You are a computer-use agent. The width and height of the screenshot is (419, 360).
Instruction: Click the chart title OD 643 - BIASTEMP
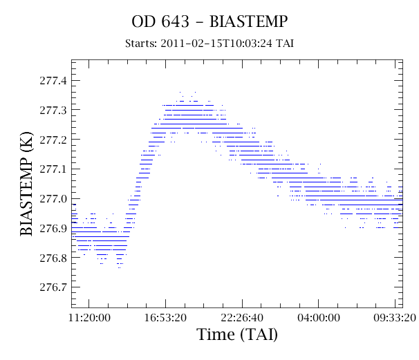[209, 21]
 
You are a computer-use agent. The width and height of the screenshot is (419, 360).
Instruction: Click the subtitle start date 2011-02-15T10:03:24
[216, 44]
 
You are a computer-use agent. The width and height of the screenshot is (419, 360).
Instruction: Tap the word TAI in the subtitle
[285, 44]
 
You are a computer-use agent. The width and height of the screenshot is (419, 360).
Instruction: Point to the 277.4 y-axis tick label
[53, 80]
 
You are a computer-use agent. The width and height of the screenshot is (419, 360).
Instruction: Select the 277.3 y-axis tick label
[53, 110]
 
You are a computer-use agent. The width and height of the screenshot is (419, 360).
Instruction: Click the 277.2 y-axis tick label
[53, 140]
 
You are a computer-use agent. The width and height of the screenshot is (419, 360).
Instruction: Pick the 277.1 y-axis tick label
[53, 169]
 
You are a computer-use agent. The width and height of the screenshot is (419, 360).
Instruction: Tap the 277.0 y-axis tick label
[53, 199]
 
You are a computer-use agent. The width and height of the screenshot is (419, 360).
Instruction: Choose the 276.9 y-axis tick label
[53, 229]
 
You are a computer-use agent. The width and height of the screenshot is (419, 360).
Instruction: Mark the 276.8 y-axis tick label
[53, 258]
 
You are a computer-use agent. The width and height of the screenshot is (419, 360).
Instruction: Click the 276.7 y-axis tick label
[53, 287]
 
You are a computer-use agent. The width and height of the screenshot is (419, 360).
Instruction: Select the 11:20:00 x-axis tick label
[89, 318]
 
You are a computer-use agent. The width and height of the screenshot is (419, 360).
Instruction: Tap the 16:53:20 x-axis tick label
[165, 318]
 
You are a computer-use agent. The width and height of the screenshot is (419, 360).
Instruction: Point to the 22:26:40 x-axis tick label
[242, 318]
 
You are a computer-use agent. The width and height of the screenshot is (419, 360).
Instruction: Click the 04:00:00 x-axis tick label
[319, 318]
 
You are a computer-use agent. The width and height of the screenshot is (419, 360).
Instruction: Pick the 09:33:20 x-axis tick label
[395, 318]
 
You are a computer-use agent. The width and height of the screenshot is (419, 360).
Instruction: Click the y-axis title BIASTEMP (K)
[26, 184]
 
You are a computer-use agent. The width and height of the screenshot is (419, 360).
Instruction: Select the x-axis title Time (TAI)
[237, 334]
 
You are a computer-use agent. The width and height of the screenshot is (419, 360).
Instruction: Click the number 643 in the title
[175, 21]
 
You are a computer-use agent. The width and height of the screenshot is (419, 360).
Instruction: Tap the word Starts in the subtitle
[141, 44]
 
